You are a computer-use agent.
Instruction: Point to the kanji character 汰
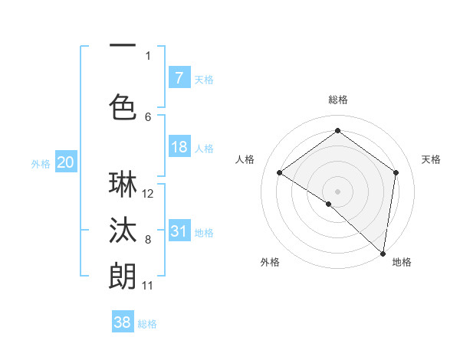coord(123,230)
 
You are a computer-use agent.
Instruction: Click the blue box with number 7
coord(179,77)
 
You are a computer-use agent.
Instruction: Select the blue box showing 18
coord(179,147)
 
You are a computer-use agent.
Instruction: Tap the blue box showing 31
coord(179,231)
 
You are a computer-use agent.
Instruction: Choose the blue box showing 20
coord(65,162)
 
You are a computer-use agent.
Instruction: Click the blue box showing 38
coord(123,322)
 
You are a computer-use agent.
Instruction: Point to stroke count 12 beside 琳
coord(149,194)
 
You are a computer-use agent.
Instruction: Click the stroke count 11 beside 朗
coord(148,286)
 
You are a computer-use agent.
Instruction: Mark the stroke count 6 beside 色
coord(148,116)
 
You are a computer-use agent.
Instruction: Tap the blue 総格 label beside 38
coord(147,324)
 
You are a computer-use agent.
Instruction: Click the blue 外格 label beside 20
coord(40,163)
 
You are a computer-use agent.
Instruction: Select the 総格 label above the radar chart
coord(337,100)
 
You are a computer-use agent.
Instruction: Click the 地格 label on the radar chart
coord(402,262)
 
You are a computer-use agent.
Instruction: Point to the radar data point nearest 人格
coord(280,173)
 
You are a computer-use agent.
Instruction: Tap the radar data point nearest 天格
coord(396,172)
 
